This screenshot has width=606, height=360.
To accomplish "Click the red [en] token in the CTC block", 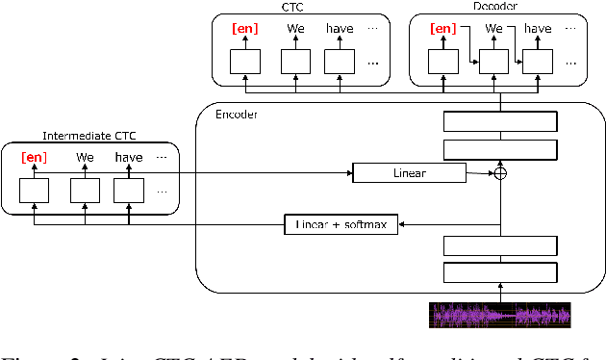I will (x=244, y=29).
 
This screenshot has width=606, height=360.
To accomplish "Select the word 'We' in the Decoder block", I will (x=494, y=29).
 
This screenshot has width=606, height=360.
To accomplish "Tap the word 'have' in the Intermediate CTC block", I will (x=128, y=157).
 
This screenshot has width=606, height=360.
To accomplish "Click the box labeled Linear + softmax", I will (x=341, y=224).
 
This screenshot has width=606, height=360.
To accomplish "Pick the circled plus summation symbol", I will (x=499, y=173).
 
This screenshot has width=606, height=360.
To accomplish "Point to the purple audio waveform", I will (x=499, y=315).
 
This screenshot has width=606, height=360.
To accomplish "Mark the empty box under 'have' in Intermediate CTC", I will (x=128, y=191).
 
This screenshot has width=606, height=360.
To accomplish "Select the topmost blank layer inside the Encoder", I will (x=499, y=121).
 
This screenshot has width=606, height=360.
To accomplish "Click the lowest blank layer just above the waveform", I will (x=499, y=270).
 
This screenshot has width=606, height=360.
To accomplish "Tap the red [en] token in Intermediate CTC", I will (x=34, y=157).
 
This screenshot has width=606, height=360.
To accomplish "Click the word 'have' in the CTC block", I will (x=340, y=29).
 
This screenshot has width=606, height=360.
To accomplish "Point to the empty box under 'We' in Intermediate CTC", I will (x=85, y=191).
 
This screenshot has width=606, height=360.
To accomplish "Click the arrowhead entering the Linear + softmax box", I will (x=403, y=224).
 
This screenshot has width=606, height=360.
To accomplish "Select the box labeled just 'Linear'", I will (x=409, y=173).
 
